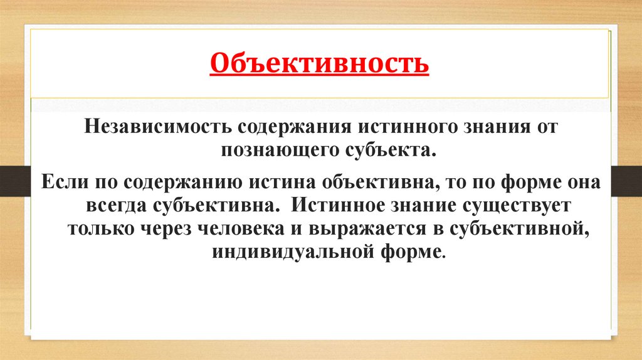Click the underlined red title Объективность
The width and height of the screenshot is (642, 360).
pyautogui.click(x=320, y=63)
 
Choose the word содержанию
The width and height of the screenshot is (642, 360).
pyautogui.click(x=177, y=182)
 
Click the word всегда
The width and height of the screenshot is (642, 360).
pyautogui.click(x=117, y=205)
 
